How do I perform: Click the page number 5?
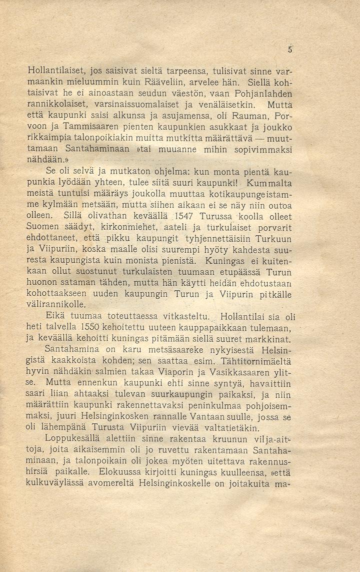[x=289, y=50]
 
